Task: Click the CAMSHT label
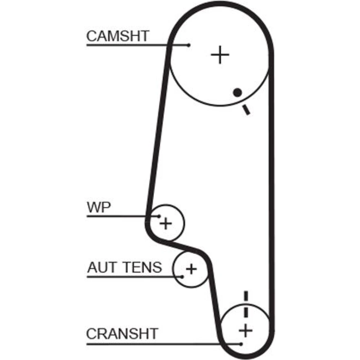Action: [117, 36]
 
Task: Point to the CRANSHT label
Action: [122, 334]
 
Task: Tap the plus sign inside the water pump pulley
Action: [166, 224]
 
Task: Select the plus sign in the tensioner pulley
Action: [191, 269]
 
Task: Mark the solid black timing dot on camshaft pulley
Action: [237, 92]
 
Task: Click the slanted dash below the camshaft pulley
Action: [246, 109]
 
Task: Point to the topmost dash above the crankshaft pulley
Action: [246, 296]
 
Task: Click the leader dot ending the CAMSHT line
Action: [189, 45]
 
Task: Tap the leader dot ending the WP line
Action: [159, 216]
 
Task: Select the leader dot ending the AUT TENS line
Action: [183, 276]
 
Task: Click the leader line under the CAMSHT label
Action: [137, 45]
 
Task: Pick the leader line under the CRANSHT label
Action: [162, 344]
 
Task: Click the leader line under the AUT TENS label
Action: [133, 276]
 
